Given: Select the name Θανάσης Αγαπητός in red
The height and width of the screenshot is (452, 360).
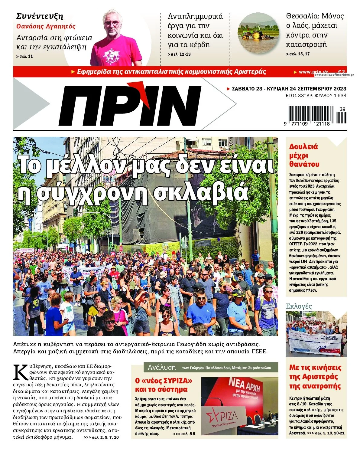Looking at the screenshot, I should [x=46, y=26].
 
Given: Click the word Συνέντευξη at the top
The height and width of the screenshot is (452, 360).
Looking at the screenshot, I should [x=40, y=16].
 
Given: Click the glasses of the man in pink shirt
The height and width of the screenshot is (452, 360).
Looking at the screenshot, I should [x=112, y=23].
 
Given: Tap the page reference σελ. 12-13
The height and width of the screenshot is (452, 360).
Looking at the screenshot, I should [x=179, y=54].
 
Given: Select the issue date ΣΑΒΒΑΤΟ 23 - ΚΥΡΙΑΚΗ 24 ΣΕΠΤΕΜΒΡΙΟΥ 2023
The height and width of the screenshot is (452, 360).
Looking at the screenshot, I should [x=289, y=89].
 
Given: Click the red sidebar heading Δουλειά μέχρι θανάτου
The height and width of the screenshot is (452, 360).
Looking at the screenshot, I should [x=304, y=156].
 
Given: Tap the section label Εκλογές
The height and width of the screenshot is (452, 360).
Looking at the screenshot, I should [x=299, y=306].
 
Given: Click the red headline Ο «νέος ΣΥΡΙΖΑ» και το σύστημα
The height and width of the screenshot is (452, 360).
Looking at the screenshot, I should [x=163, y=385].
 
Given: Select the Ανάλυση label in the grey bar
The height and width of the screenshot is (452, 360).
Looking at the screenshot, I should [x=162, y=367].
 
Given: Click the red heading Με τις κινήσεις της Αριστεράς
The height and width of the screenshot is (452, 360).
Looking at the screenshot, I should [x=315, y=377].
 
